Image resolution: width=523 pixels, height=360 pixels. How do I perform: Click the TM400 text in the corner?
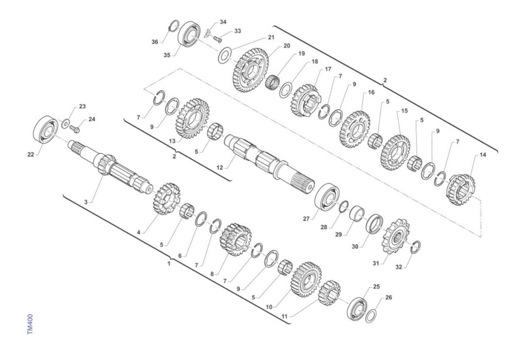pos(30,324)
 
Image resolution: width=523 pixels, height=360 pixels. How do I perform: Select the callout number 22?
pos(31,155)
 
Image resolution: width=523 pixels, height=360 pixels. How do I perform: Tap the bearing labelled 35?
pos(189,34)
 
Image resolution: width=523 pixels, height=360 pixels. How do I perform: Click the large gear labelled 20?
pos(251,70)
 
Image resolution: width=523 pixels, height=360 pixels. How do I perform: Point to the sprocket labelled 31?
pos(396,236)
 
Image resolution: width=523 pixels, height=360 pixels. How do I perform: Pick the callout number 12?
pos(220,167)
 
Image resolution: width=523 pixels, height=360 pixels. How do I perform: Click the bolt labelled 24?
pos(75,129)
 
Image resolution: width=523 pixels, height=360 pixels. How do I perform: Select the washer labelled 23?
pos(65,123)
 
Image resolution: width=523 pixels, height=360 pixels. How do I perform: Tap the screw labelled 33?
pos(217,39)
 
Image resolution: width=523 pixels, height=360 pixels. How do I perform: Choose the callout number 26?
pos(388,297)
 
